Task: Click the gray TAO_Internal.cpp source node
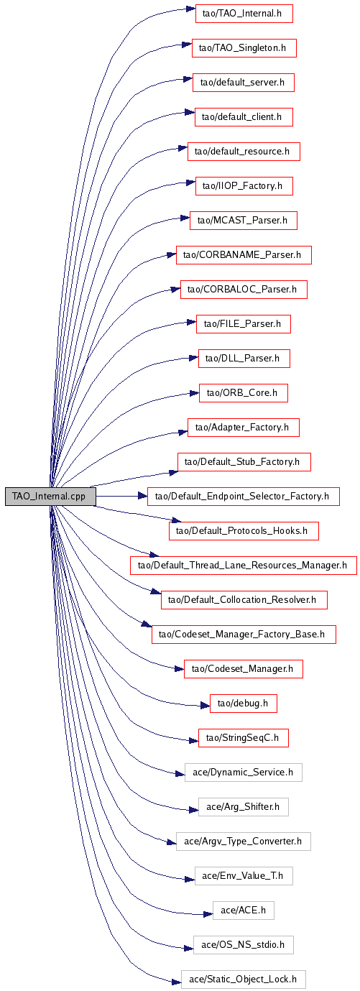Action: [50, 497]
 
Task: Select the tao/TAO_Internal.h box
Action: [244, 13]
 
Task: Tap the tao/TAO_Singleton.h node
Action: [244, 47]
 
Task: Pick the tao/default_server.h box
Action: [244, 83]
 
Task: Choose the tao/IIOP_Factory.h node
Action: [244, 186]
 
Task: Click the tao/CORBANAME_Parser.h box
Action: [244, 255]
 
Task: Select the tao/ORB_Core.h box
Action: [244, 393]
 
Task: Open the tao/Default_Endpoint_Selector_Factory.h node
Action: [244, 497]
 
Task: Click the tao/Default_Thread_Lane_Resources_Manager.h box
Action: [244, 566]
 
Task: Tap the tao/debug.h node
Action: [244, 704]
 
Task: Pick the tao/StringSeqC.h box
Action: [244, 738]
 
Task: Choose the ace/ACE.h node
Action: [244, 911]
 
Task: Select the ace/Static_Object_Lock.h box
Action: [244, 980]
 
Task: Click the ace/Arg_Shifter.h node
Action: [244, 807]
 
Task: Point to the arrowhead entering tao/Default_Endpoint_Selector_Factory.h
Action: [142, 497]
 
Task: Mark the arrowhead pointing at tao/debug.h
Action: [206, 706]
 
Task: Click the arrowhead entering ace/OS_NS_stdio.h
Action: [189, 948]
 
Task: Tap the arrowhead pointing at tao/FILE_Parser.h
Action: [192, 322]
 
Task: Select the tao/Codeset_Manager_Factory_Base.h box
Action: [244, 635]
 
